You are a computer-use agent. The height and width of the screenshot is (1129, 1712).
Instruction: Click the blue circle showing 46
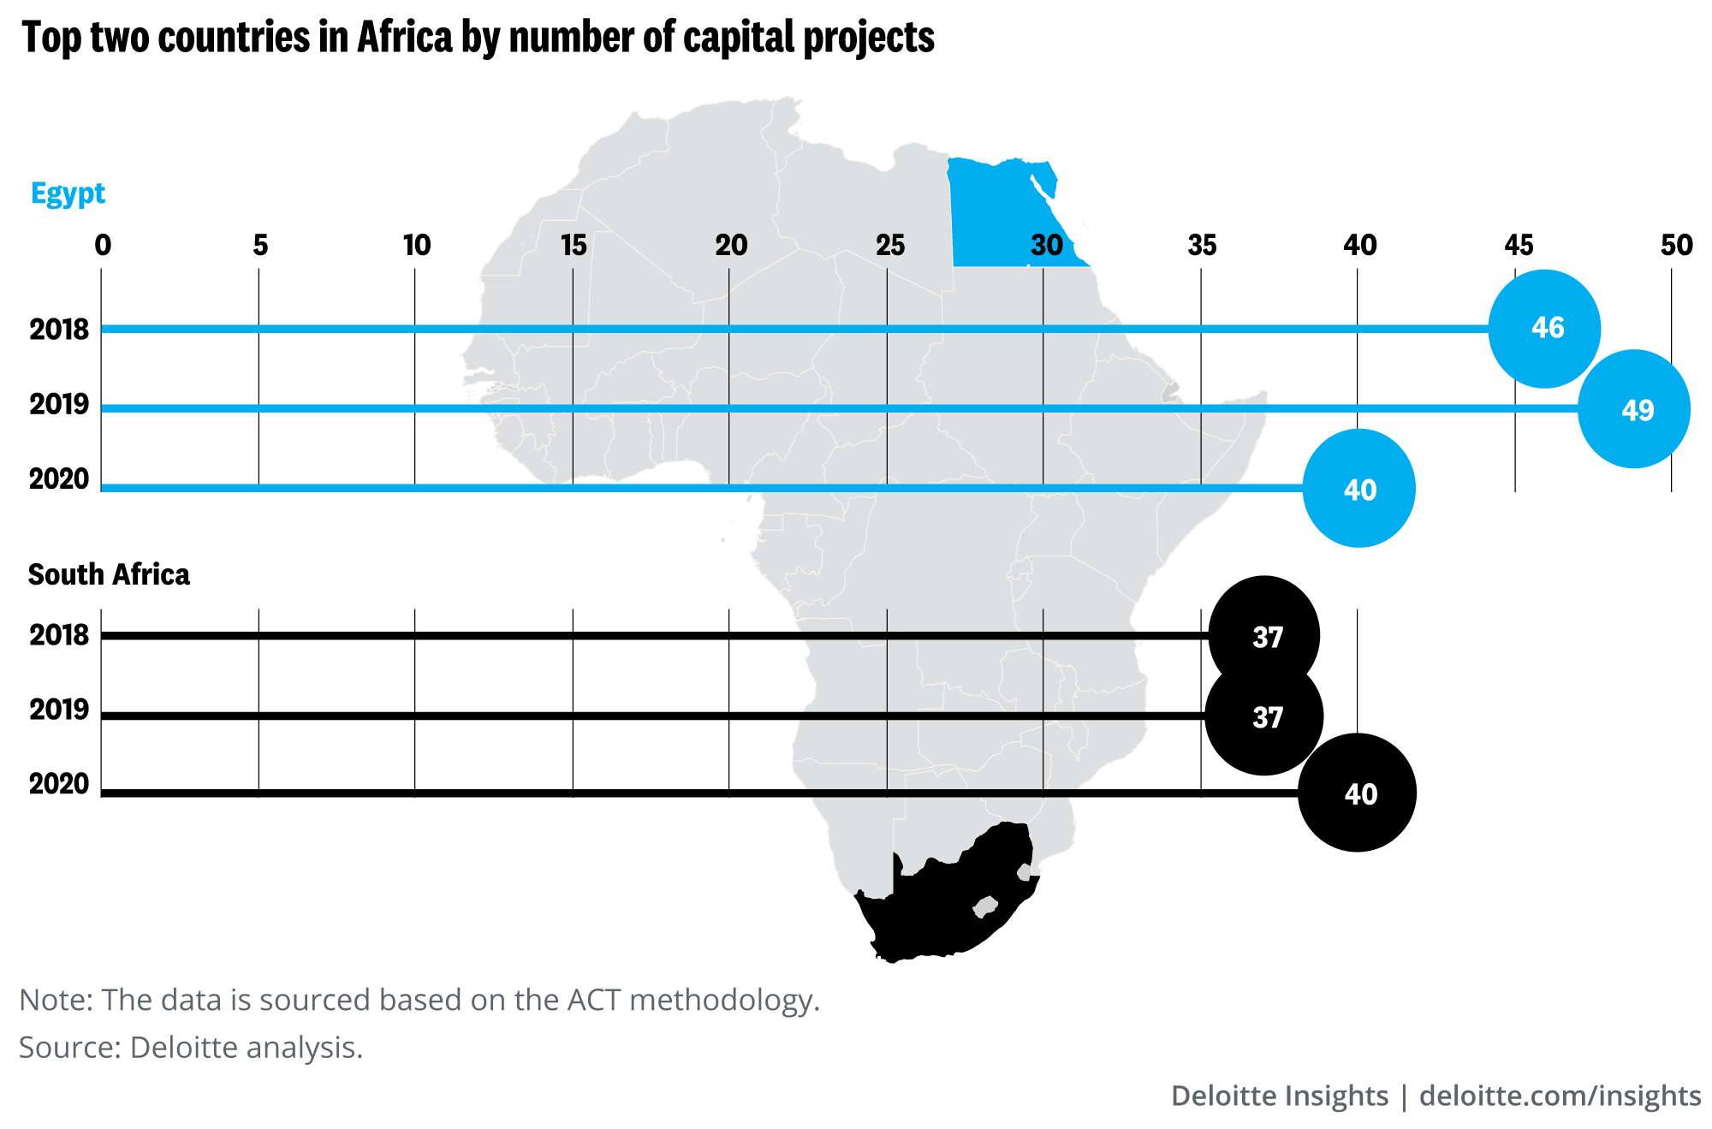(x=1544, y=328)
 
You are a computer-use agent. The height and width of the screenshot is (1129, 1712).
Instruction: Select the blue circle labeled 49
(x=1634, y=409)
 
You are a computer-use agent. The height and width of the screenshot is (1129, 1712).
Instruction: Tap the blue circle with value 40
(x=1358, y=489)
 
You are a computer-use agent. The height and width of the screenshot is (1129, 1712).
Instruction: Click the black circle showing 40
(x=1358, y=793)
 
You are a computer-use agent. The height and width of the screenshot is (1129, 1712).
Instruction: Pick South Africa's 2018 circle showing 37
(x=1264, y=636)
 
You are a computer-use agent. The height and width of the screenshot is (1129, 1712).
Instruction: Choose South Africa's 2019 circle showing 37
(x=1264, y=716)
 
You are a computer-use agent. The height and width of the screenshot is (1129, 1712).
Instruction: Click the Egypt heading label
(x=68, y=193)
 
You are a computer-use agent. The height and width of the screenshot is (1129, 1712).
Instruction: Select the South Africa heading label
(x=109, y=574)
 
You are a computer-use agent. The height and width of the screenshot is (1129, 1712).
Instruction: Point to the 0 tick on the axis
(x=103, y=246)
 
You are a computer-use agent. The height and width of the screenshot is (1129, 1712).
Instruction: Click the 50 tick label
(x=1676, y=246)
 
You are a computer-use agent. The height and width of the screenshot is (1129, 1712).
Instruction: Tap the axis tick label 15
(x=574, y=246)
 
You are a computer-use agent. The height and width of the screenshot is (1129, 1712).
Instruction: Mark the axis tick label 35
(x=1202, y=246)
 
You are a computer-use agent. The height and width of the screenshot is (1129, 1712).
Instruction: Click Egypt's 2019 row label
(x=59, y=404)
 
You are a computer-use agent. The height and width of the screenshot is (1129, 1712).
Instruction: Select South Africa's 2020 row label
(x=59, y=783)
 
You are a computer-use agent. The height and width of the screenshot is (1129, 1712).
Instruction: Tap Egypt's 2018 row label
(x=59, y=330)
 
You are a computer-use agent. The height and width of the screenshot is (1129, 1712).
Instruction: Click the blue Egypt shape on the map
(x=1002, y=214)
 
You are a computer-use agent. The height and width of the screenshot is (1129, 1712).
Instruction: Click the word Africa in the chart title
(x=404, y=38)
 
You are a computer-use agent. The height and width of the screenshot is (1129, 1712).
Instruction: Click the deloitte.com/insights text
(x=1560, y=1096)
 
